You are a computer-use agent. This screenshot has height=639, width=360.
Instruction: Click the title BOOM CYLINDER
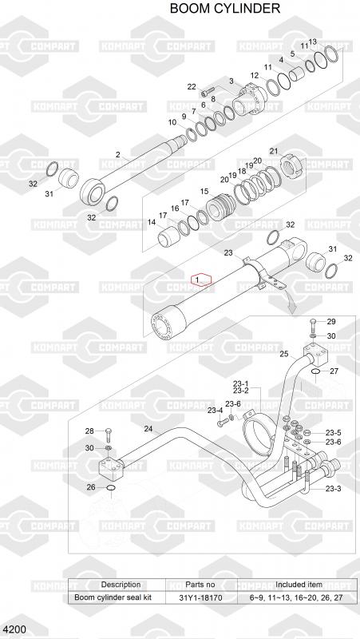(x=225, y=8)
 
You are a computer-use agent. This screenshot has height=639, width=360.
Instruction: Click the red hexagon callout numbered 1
(x=203, y=280)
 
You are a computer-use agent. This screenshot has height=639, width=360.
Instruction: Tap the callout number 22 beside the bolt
(x=192, y=86)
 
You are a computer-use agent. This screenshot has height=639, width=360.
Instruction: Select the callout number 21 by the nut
(x=274, y=152)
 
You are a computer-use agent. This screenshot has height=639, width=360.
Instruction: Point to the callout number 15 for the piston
(x=204, y=191)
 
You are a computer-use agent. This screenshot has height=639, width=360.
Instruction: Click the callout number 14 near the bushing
(x=152, y=222)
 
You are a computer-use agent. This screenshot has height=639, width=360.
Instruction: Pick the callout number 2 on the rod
(x=118, y=154)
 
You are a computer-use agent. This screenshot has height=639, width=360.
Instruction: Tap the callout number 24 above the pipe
(x=148, y=428)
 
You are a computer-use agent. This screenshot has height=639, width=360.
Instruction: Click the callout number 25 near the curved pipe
(x=284, y=354)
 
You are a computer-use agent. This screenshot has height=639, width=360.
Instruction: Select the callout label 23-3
(x=333, y=489)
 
